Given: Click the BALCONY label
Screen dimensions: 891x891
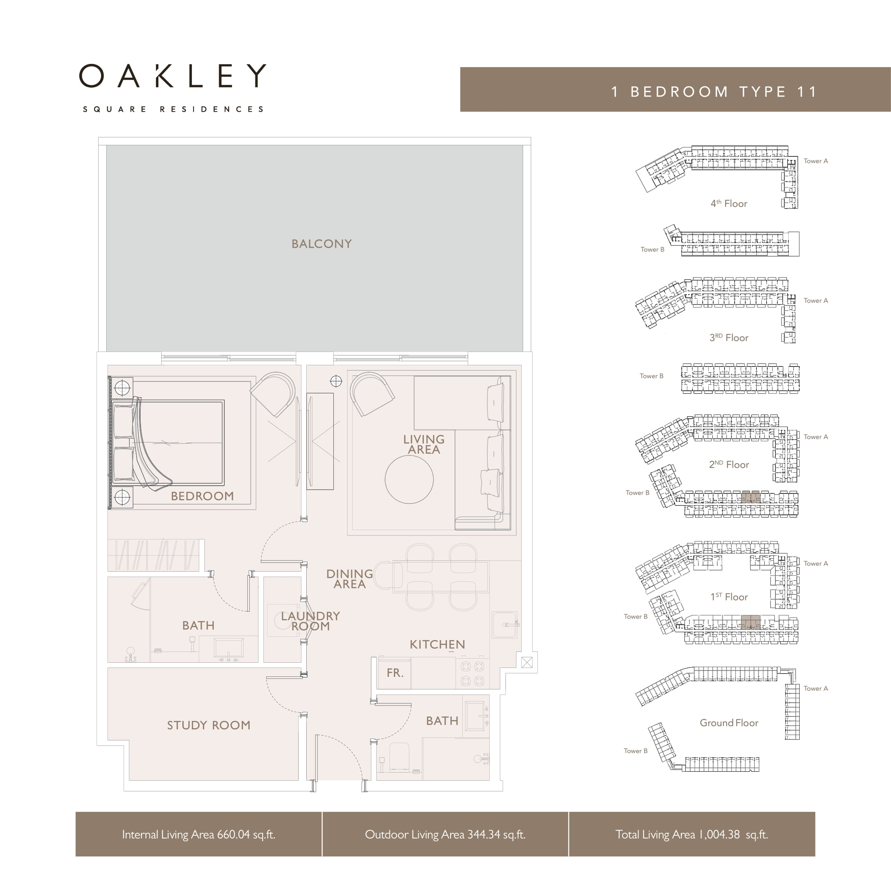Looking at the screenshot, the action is [321, 244].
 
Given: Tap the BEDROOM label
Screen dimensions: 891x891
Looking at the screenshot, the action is [202, 496].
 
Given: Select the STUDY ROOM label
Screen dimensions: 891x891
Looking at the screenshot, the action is [209, 725].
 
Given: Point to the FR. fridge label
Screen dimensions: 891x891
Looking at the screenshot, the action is [395, 673].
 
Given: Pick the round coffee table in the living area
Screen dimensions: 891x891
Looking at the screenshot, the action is [409, 479].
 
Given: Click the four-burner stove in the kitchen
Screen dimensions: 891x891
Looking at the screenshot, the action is [473, 673].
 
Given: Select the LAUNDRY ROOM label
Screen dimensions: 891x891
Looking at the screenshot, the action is [310, 621].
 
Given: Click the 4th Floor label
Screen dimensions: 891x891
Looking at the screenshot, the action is [729, 203].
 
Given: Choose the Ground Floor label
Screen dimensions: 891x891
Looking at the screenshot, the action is [729, 722].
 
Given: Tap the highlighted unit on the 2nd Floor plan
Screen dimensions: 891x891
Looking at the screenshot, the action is [750, 497].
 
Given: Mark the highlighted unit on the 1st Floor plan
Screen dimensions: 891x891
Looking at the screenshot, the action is [750, 622].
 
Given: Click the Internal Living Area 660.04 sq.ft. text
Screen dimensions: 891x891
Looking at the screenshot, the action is [199, 834].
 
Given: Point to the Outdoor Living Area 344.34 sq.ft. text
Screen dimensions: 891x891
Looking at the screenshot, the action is [445, 834].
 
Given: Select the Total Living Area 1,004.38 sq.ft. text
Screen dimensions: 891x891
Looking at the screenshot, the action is [692, 834].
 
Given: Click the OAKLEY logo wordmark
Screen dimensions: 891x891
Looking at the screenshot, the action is [173, 76].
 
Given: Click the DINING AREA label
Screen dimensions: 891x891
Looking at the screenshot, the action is [350, 579].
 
